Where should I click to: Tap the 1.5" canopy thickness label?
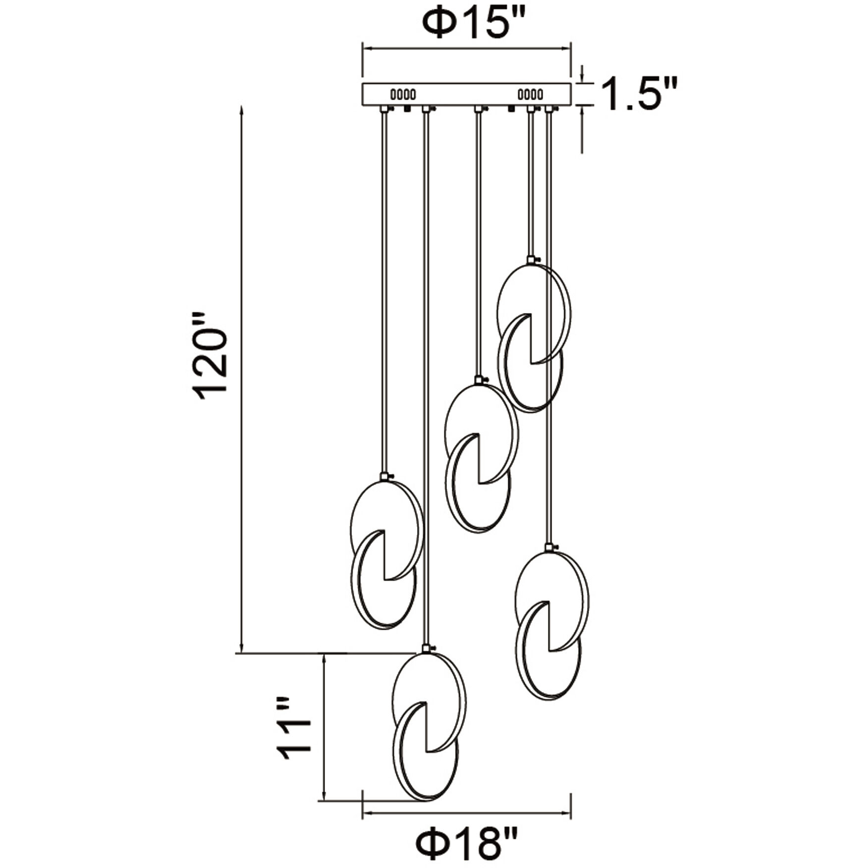point(638,94)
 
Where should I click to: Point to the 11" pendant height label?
point(295,735)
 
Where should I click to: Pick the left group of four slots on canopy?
point(403,94)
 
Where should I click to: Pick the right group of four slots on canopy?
point(530,94)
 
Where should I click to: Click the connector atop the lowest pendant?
point(427,649)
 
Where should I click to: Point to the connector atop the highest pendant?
point(532,260)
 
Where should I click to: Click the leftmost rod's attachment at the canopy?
point(383,108)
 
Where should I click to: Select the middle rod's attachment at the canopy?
point(477,108)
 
